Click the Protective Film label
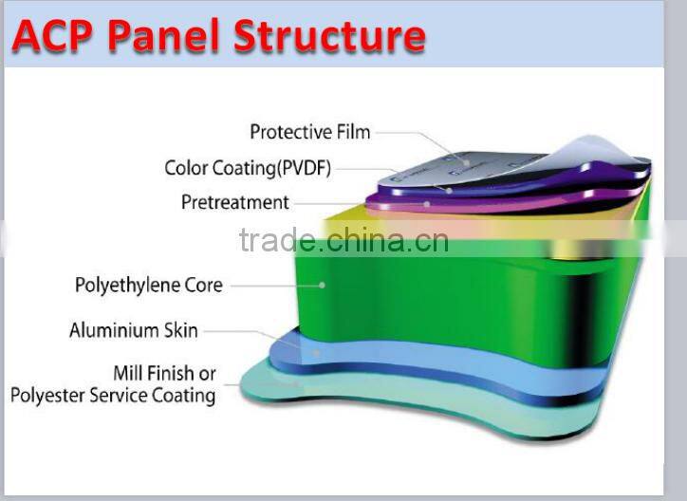click(x=309, y=132)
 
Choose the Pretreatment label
click(x=234, y=202)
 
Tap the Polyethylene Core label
click(x=148, y=285)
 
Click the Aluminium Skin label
click(x=134, y=331)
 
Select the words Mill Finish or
click(x=164, y=373)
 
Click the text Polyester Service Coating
click(x=113, y=395)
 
